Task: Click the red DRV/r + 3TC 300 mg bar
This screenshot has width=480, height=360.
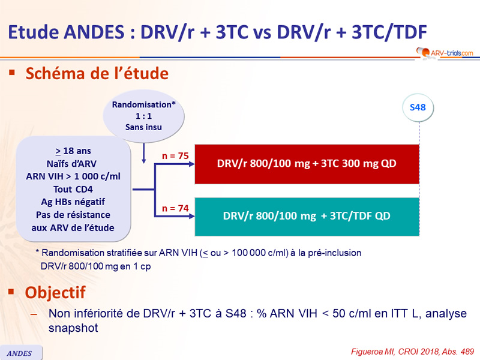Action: [307, 164]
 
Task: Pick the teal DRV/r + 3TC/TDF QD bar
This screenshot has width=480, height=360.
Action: [307, 215]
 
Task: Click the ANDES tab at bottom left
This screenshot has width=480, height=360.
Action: [20, 352]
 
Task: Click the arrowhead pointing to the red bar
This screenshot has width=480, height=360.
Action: [191, 164]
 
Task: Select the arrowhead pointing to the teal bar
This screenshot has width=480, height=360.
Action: [191, 216]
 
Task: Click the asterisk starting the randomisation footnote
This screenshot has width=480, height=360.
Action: [37, 252]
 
